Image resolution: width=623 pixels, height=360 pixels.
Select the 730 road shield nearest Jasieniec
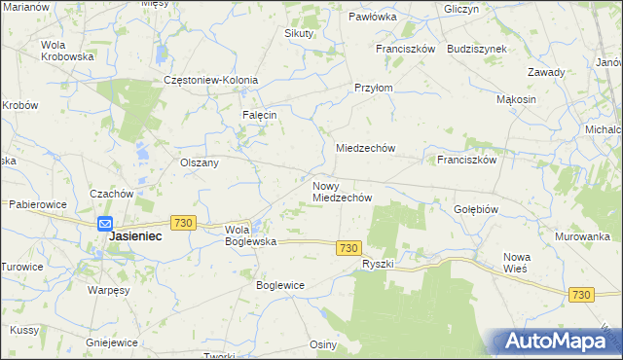(182, 223)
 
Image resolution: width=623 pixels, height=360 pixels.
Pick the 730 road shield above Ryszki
(350, 248)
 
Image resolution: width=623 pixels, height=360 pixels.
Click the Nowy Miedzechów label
(343, 191)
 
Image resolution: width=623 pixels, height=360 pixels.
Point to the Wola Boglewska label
(251, 234)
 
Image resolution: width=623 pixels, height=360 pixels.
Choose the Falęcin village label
(260, 115)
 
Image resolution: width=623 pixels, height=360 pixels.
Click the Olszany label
(199, 162)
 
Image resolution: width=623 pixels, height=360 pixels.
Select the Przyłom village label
(373, 87)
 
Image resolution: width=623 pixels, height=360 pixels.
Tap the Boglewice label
(280, 285)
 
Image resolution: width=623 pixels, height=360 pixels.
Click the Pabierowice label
(37, 205)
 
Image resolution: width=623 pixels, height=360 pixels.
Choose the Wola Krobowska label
(67, 51)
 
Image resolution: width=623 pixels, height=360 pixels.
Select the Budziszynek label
(474, 48)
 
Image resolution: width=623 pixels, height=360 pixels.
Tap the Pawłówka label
(373, 17)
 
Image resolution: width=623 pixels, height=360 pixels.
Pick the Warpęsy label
(108, 290)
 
